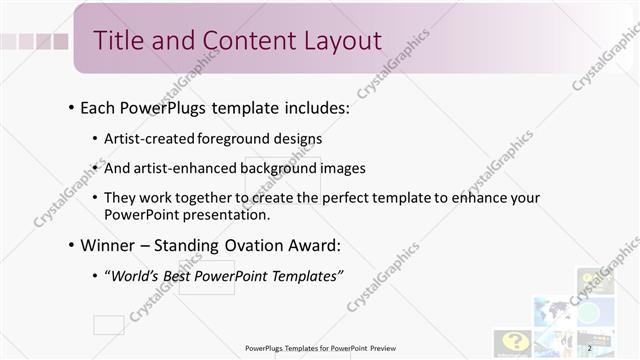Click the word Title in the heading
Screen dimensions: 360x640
click(116, 40)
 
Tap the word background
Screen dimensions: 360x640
click(281, 168)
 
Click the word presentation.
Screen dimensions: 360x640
click(249, 214)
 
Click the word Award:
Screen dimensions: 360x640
click(312, 245)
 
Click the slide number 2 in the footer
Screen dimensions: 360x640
click(590, 348)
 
